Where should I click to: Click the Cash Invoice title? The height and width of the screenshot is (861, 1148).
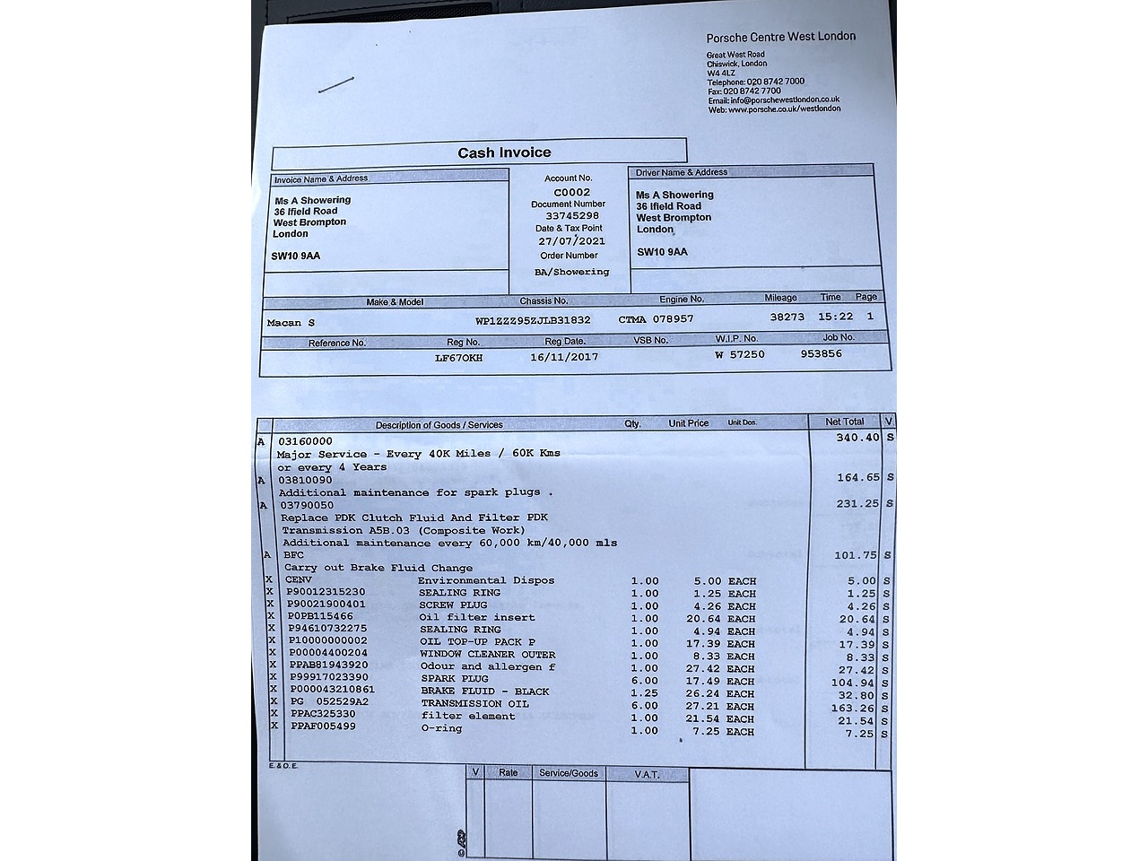pyautogui.click(x=504, y=152)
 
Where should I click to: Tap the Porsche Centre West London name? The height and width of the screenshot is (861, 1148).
pyautogui.click(x=780, y=37)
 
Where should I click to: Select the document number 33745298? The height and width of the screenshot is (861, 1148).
pyautogui.click(x=571, y=216)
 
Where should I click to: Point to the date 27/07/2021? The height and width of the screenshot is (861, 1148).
pyautogui.click(x=571, y=241)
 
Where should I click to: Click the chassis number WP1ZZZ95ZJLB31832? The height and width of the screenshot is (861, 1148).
pyautogui.click(x=532, y=320)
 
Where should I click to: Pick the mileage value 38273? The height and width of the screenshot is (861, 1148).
pyautogui.click(x=787, y=317)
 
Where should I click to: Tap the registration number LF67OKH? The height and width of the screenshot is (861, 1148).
pyautogui.click(x=458, y=358)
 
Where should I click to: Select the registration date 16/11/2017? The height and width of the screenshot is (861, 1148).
pyautogui.click(x=564, y=357)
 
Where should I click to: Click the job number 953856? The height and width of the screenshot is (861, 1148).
pyautogui.click(x=821, y=353)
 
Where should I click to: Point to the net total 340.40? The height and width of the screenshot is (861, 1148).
pyautogui.click(x=858, y=438)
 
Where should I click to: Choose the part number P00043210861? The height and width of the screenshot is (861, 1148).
pyautogui.click(x=332, y=690)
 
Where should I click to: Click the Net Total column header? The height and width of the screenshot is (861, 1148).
pyautogui.click(x=844, y=422)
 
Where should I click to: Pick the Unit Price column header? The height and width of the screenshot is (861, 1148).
pyautogui.click(x=688, y=423)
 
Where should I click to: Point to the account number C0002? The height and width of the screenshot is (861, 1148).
pyautogui.click(x=571, y=192)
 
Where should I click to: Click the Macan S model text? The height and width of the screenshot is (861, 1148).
pyautogui.click(x=291, y=323)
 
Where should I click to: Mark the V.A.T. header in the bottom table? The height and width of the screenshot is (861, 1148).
pyautogui.click(x=647, y=773)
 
